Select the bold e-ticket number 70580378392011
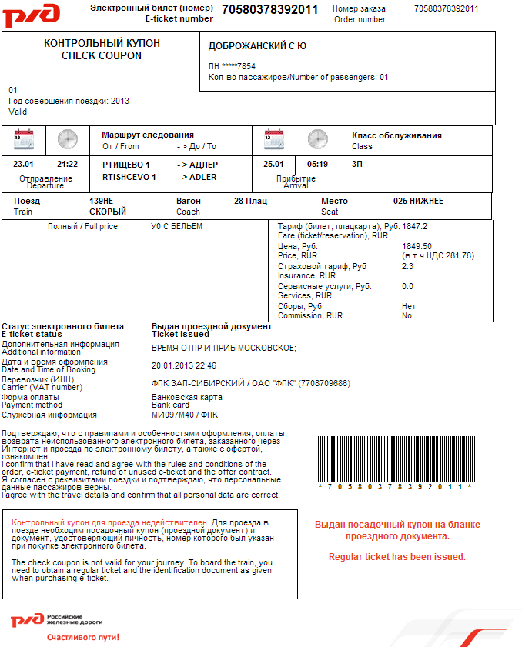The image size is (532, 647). coord(269,9)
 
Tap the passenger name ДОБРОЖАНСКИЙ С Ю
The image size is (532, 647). coord(257,46)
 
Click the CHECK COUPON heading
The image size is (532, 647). coord(102,55)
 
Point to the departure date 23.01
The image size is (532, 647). coord(24,164)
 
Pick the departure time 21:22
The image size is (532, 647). coord(68,164)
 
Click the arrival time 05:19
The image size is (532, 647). coord(317,164)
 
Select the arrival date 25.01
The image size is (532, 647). coord(273,164)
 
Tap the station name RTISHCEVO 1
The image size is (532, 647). coord(129,177)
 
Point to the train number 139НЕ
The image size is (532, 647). coord(102,201)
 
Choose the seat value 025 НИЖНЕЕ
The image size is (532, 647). coord(418,201)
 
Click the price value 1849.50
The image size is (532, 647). coord(417,246)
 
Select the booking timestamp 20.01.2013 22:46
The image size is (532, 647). coord(184,365)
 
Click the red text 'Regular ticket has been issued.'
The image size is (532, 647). coord(396,556)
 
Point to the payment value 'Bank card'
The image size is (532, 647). coord(171,405)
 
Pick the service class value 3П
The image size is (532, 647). coord(357,164)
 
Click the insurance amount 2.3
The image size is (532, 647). coord(407,266)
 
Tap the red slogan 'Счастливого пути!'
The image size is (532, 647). coord(83,637)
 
